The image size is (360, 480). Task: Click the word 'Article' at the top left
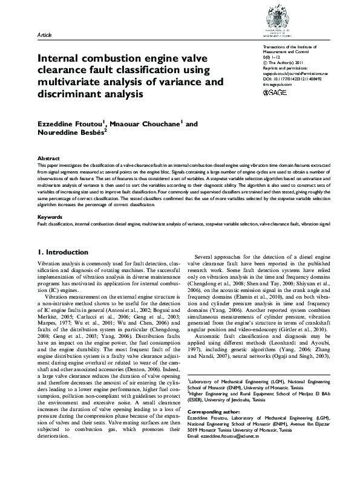[45, 36]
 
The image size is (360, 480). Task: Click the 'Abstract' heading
[48, 157]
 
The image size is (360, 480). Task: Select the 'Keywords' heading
[50, 216]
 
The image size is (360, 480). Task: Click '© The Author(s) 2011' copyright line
[284, 63]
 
